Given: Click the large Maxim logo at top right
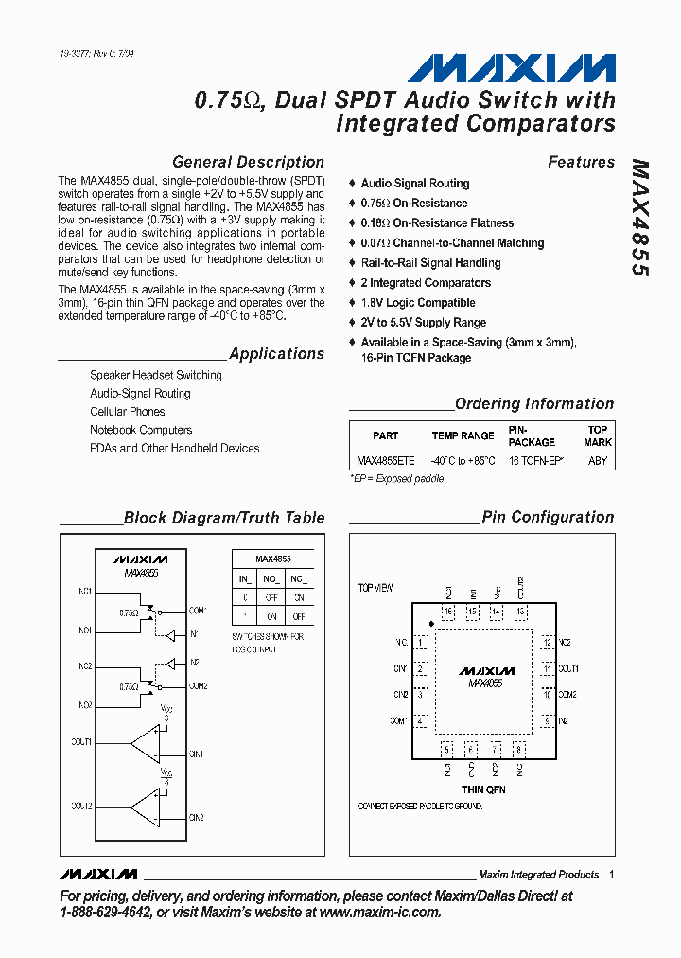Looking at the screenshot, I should pyautogui.click(x=512, y=68).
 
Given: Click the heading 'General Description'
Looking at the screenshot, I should pyautogui.click(x=248, y=162).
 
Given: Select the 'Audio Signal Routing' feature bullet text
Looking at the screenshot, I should pyautogui.click(x=414, y=184).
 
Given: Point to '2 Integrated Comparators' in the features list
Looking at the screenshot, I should pyautogui.click(x=426, y=283).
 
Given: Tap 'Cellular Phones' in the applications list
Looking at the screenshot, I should pyautogui.click(x=127, y=412).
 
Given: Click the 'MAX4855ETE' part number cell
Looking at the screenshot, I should pyautogui.click(x=385, y=460).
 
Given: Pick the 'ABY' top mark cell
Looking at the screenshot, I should pyautogui.click(x=598, y=460).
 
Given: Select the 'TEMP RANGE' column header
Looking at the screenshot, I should pyautogui.click(x=463, y=435).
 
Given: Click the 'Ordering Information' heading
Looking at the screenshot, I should pyautogui.click(x=534, y=404).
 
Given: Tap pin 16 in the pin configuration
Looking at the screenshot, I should pyautogui.click(x=447, y=612).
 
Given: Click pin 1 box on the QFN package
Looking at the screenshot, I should pyautogui.click(x=419, y=643).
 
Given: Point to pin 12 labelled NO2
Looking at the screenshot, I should pyautogui.click(x=547, y=643).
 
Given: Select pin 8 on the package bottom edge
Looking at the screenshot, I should pyautogui.click(x=518, y=749).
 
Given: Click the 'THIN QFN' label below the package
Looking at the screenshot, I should pyautogui.click(x=483, y=789).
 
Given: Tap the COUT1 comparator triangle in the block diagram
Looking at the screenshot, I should pyautogui.click(x=146, y=743).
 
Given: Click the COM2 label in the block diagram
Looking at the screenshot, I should pyautogui.click(x=198, y=686).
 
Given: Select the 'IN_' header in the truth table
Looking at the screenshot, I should pyautogui.click(x=244, y=577).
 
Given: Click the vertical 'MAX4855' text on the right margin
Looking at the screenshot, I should pyautogui.click(x=640, y=217).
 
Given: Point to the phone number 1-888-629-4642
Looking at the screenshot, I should pyautogui.click(x=104, y=913).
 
